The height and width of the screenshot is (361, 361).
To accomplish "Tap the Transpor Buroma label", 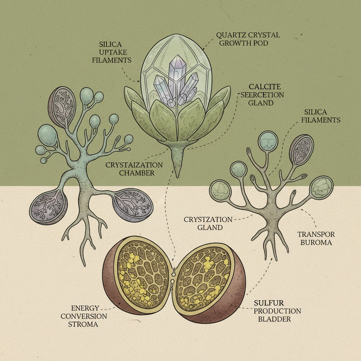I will coord(316,239).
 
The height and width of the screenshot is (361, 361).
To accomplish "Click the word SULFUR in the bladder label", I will coord(269,303).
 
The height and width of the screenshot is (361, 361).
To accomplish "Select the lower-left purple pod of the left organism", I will coord(48,207).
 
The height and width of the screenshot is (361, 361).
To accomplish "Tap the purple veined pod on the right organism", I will coord(301,149).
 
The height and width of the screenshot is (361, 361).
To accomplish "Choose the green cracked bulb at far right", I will coord(321,188).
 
